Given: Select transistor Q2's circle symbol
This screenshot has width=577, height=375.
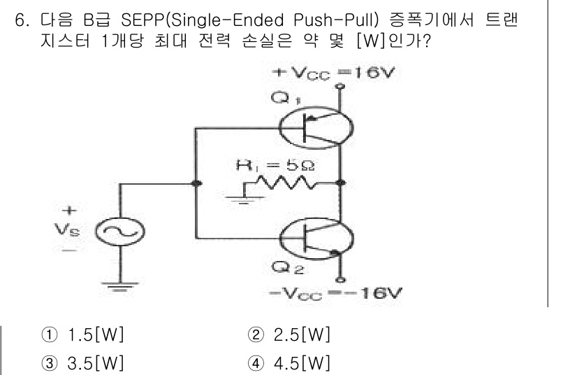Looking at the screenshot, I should point(311,241).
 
